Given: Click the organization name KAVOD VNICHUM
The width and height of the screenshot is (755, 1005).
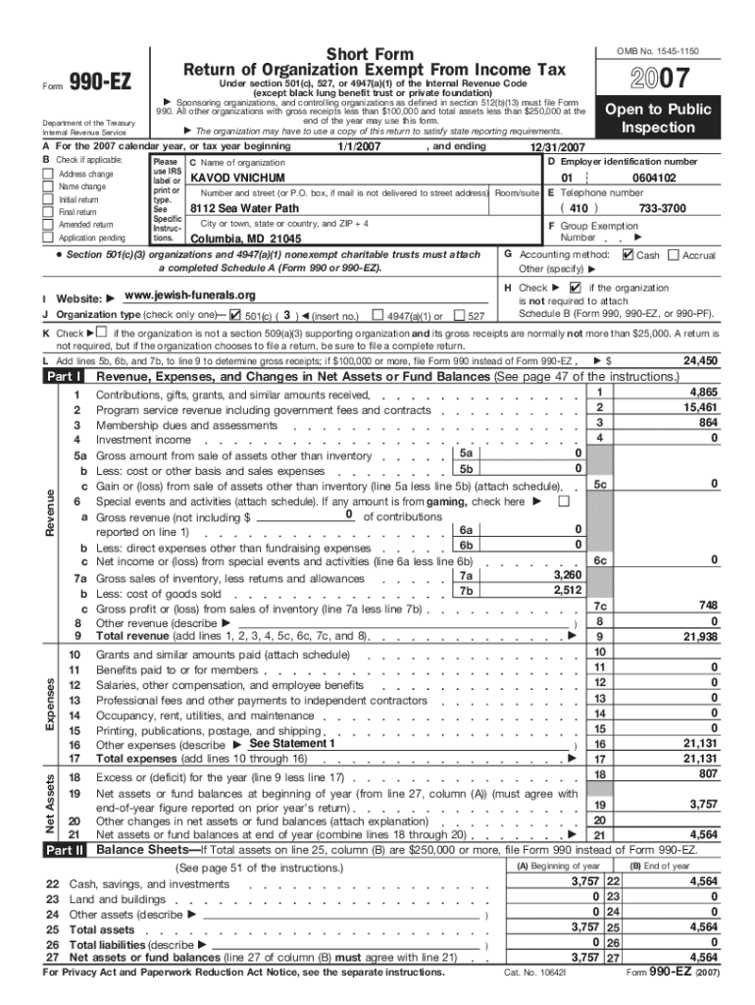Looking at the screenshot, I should coord(237,179).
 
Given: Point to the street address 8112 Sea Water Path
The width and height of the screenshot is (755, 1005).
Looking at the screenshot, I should coord(245,209).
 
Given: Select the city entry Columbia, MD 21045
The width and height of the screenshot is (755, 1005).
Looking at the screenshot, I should coord(246,238).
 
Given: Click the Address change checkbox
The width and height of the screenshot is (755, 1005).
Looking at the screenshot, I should coord(47,175).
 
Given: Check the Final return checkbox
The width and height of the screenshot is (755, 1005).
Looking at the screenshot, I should coord(47,212).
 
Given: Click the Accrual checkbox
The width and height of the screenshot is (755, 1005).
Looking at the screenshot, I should coord(673,254).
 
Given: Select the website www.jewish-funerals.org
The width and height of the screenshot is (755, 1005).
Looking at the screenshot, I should coord(190,295).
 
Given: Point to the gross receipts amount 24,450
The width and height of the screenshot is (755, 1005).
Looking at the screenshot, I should coord(700,360).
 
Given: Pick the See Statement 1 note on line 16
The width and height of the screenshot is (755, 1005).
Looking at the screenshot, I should coord(293,743).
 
